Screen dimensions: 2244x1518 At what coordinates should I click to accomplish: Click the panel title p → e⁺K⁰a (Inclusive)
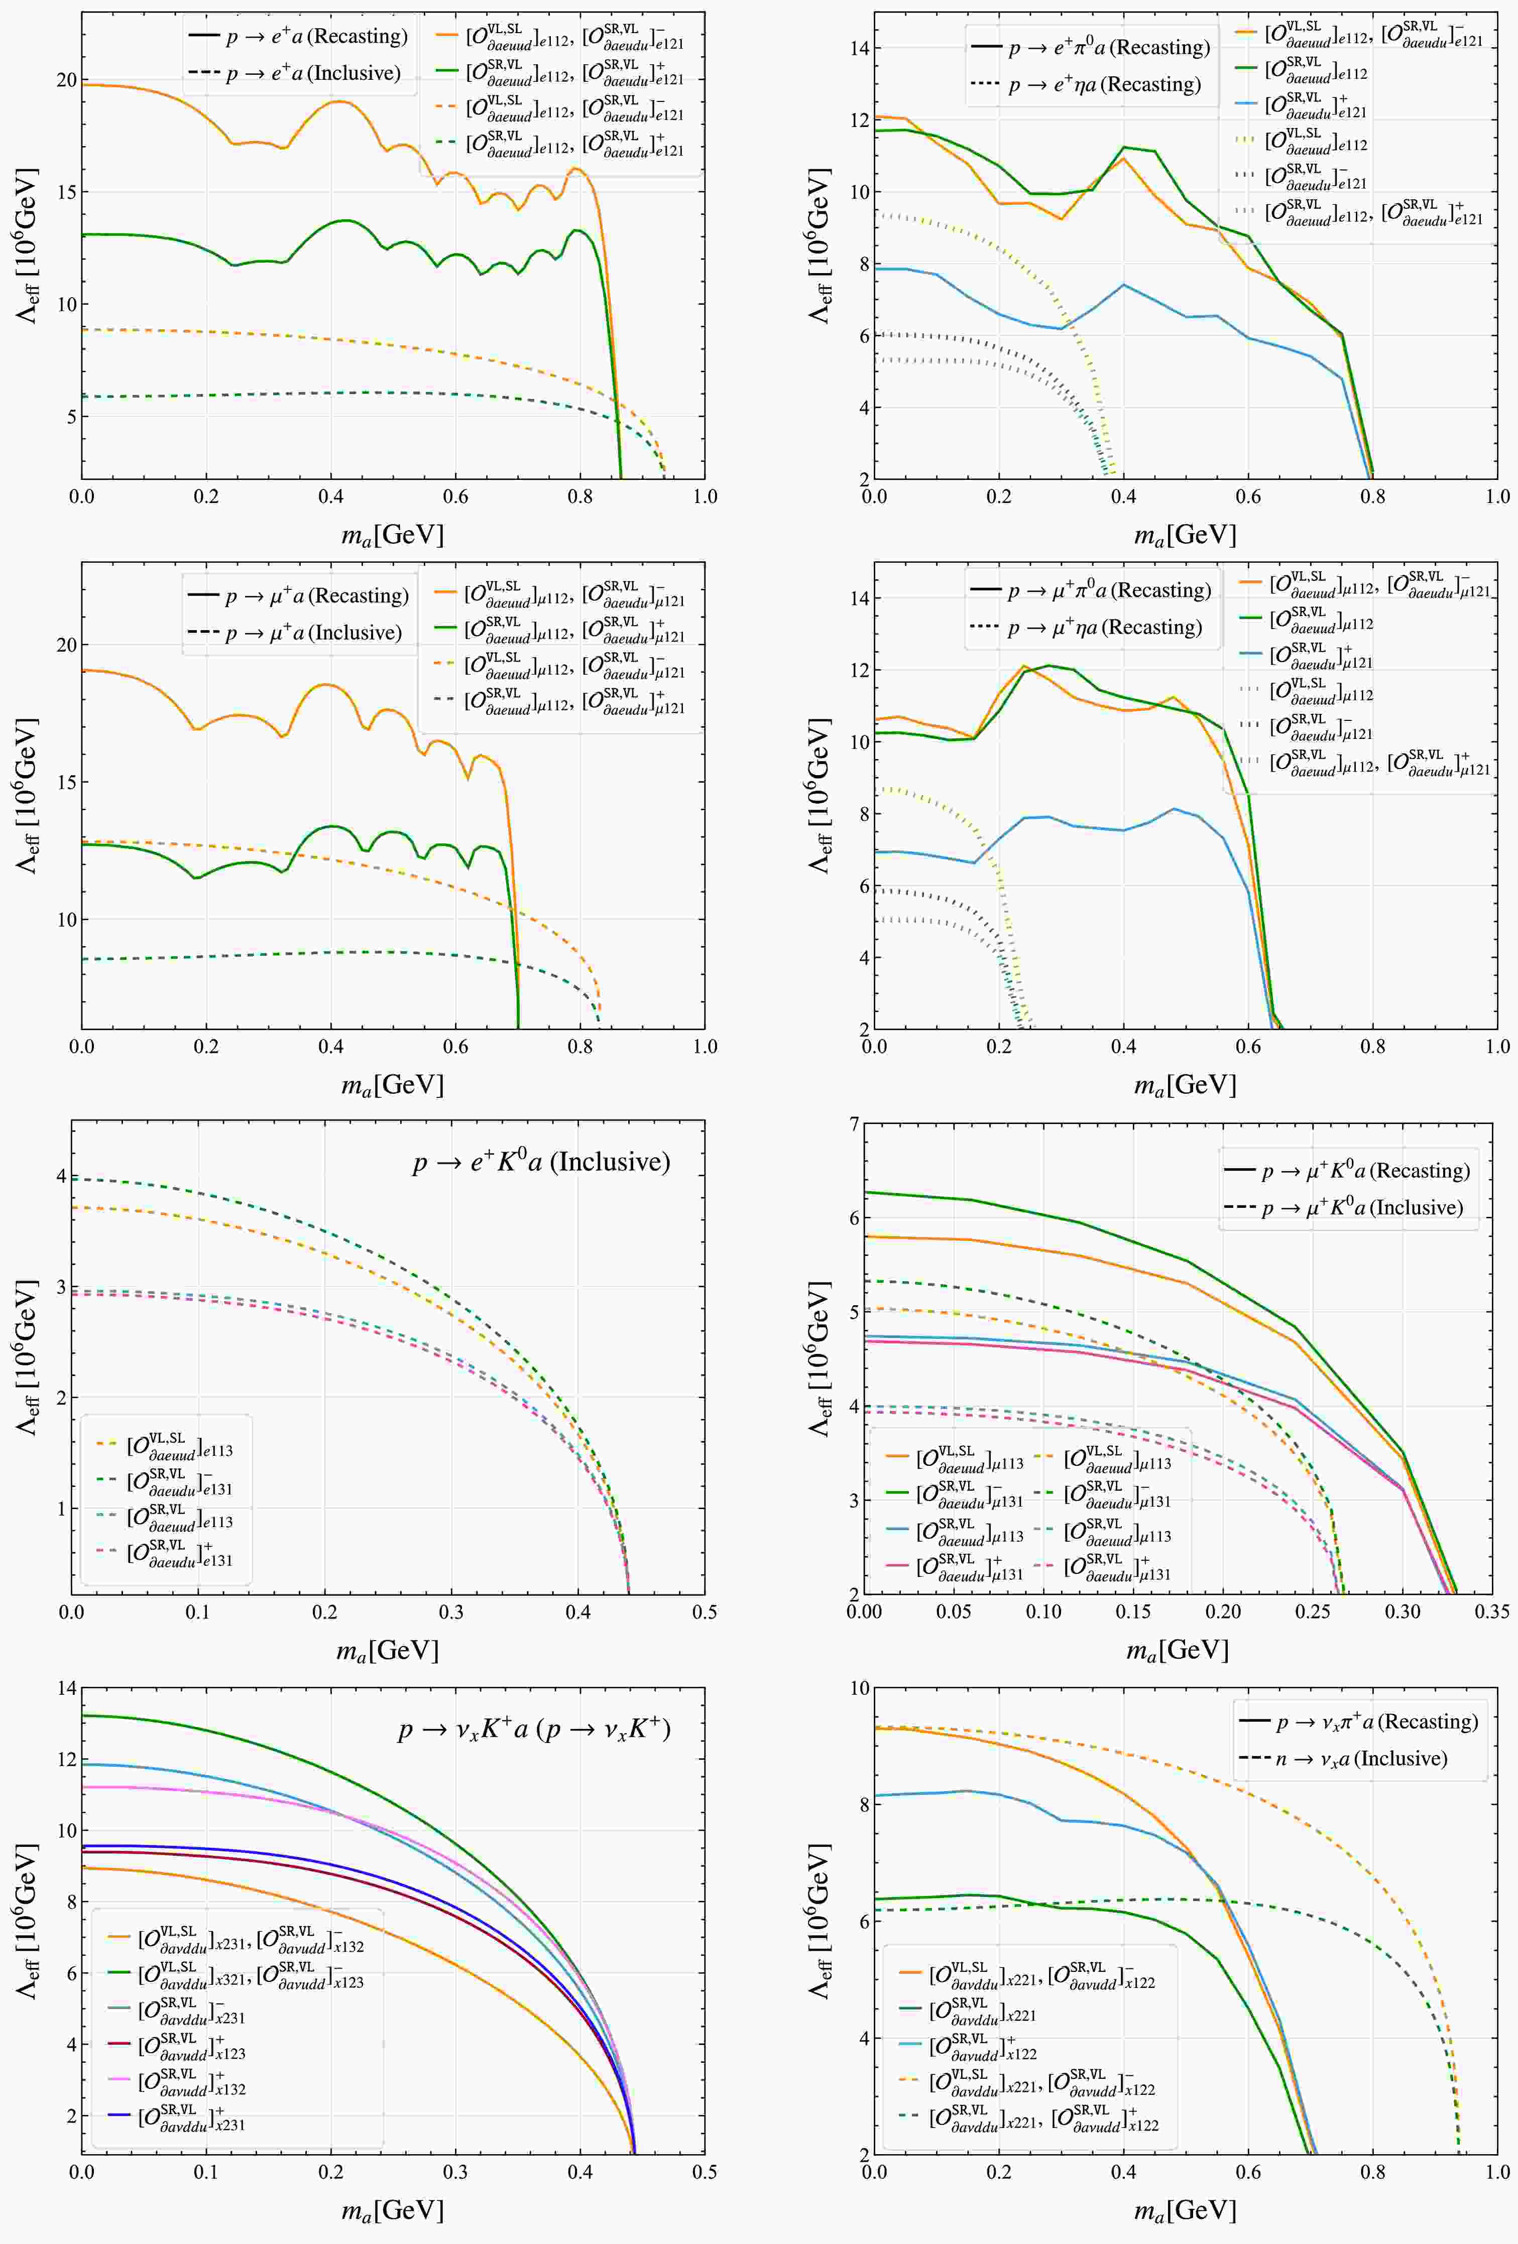[541, 1162]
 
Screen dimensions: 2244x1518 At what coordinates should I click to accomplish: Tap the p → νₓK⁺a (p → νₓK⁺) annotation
[534, 1728]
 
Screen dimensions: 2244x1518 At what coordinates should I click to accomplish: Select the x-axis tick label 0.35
[1492, 1611]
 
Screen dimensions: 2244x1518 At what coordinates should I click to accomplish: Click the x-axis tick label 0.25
[1312, 1611]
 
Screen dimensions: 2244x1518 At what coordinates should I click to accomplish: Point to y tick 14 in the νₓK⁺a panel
[66, 1689]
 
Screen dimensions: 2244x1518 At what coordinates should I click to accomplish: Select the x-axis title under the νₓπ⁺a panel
[1185, 2210]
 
